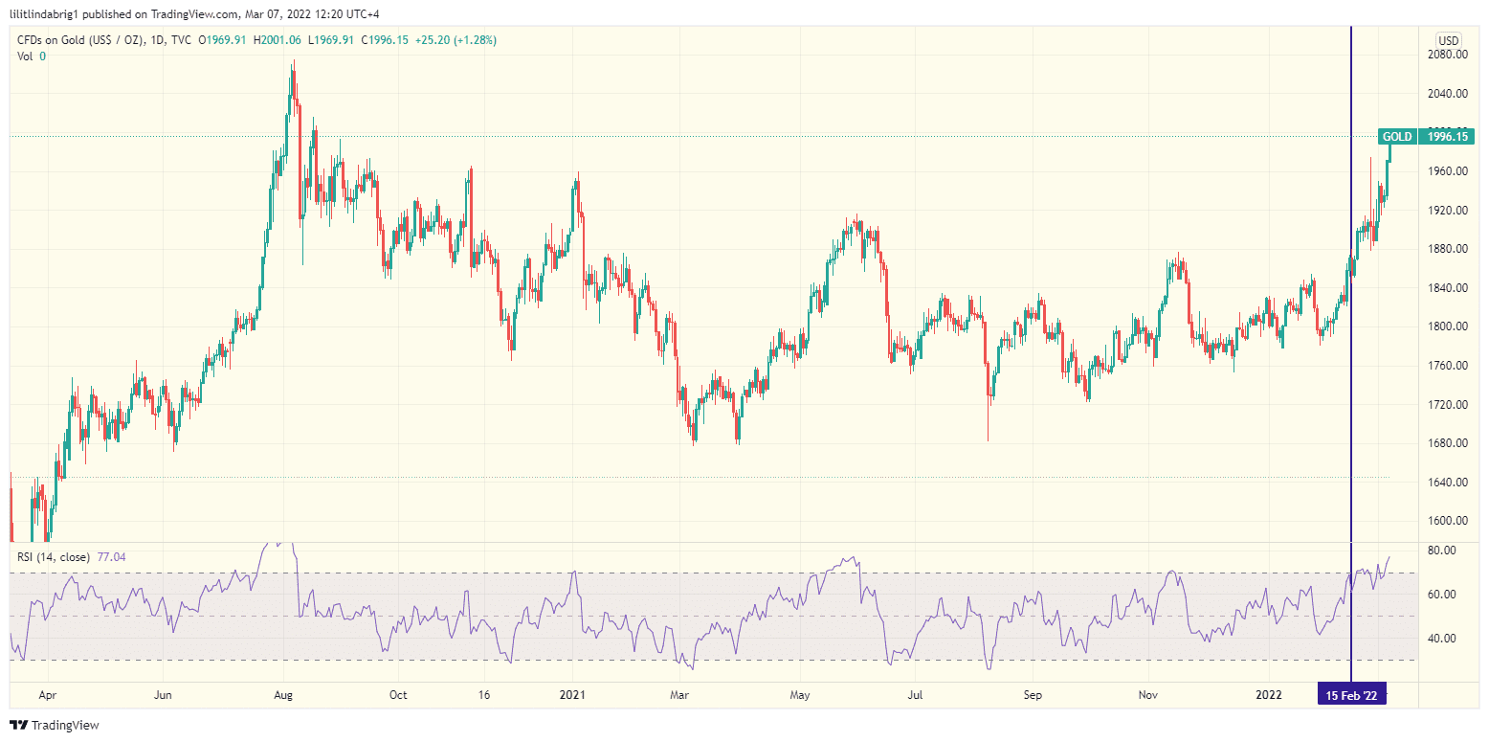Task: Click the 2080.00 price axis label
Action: click(x=1447, y=55)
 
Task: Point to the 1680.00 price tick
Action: click(x=1447, y=443)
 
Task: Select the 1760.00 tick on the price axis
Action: click(x=1447, y=366)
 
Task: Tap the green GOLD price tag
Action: click(x=1396, y=137)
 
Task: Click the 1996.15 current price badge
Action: click(x=1446, y=137)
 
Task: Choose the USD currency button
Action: click(x=1448, y=40)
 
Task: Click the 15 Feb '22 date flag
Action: click(x=1351, y=696)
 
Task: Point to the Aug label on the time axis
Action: click(x=282, y=696)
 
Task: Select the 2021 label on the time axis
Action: click(x=572, y=696)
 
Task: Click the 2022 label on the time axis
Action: click(x=1269, y=696)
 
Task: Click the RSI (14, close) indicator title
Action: click(x=54, y=556)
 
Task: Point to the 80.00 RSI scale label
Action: click(x=1441, y=551)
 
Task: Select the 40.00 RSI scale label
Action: click(x=1441, y=639)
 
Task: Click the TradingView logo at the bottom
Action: click(x=55, y=726)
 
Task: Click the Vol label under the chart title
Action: click(x=26, y=56)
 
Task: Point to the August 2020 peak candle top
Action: click(x=294, y=62)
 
